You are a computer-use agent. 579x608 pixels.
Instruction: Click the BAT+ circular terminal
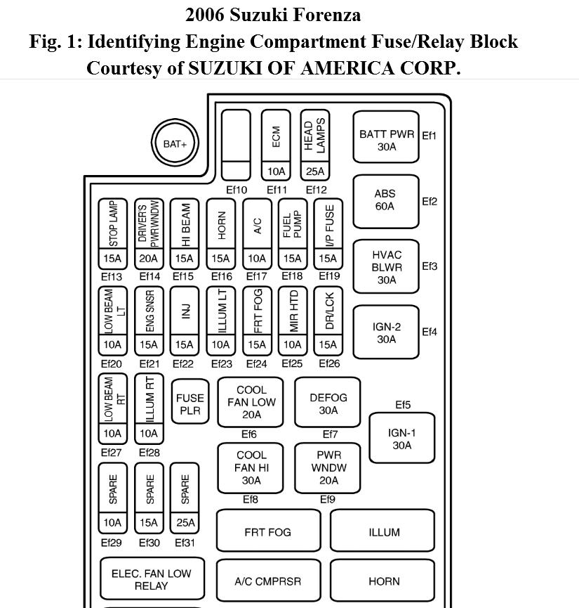[x=175, y=144]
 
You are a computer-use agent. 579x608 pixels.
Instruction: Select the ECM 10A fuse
[x=276, y=144]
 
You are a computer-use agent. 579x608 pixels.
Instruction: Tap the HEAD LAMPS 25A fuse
[x=315, y=144]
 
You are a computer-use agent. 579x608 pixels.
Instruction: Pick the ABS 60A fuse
[x=385, y=200]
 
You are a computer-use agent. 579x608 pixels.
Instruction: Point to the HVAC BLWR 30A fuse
[x=386, y=266]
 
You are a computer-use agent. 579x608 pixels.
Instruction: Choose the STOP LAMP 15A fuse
[x=113, y=233]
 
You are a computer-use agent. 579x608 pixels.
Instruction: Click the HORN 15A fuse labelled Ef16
[x=221, y=233]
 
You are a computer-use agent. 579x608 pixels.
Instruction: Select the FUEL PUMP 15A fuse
[x=292, y=233]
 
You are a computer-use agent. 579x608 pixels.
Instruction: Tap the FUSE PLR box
[x=190, y=405]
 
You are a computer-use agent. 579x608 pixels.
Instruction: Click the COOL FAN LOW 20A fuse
[x=251, y=402]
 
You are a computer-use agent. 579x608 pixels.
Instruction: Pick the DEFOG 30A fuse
[x=328, y=402]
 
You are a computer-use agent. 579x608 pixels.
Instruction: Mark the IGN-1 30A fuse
[x=402, y=439]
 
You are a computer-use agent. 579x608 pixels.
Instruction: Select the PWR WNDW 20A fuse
[x=328, y=467]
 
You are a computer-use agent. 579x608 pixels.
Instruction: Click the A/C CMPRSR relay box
[x=267, y=581]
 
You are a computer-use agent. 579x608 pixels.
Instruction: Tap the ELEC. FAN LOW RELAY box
[x=152, y=579]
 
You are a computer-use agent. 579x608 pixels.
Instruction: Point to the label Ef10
[x=237, y=190]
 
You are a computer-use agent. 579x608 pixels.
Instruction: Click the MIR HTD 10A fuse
[x=293, y=320]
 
